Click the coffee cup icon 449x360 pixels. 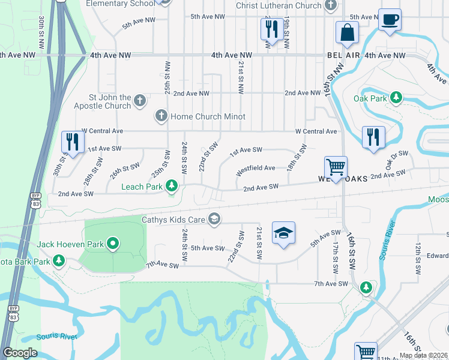point(390,20)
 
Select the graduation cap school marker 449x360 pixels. point(283,233)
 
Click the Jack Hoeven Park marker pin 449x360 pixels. point(112,244)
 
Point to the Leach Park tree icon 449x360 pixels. point(172,187)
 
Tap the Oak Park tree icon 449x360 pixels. point(396,97)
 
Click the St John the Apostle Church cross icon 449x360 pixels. point(140,100)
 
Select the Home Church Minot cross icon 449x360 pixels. point(161,116)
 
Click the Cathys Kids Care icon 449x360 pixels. point(214,219)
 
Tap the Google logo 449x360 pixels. point(20,353)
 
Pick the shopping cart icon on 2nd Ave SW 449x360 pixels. point(336,167)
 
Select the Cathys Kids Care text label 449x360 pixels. point(173,220)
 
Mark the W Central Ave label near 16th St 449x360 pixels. point(316,131)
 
